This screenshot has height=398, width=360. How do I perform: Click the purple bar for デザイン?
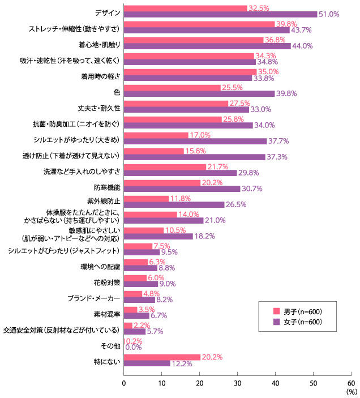[x=220, y=14]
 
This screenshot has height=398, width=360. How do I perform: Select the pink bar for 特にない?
[x=162, y=357]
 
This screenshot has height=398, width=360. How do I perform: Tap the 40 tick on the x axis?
[x=276, y=383]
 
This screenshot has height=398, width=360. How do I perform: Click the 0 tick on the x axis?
[x=124, y=383]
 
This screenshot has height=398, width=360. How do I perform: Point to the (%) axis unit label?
[x=351, y=391]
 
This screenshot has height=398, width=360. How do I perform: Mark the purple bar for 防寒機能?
[x=182, y=189]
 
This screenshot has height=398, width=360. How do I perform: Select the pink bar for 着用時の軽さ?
[x=190, y=72]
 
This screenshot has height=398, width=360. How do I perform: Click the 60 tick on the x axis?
[x=351, y=383]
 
